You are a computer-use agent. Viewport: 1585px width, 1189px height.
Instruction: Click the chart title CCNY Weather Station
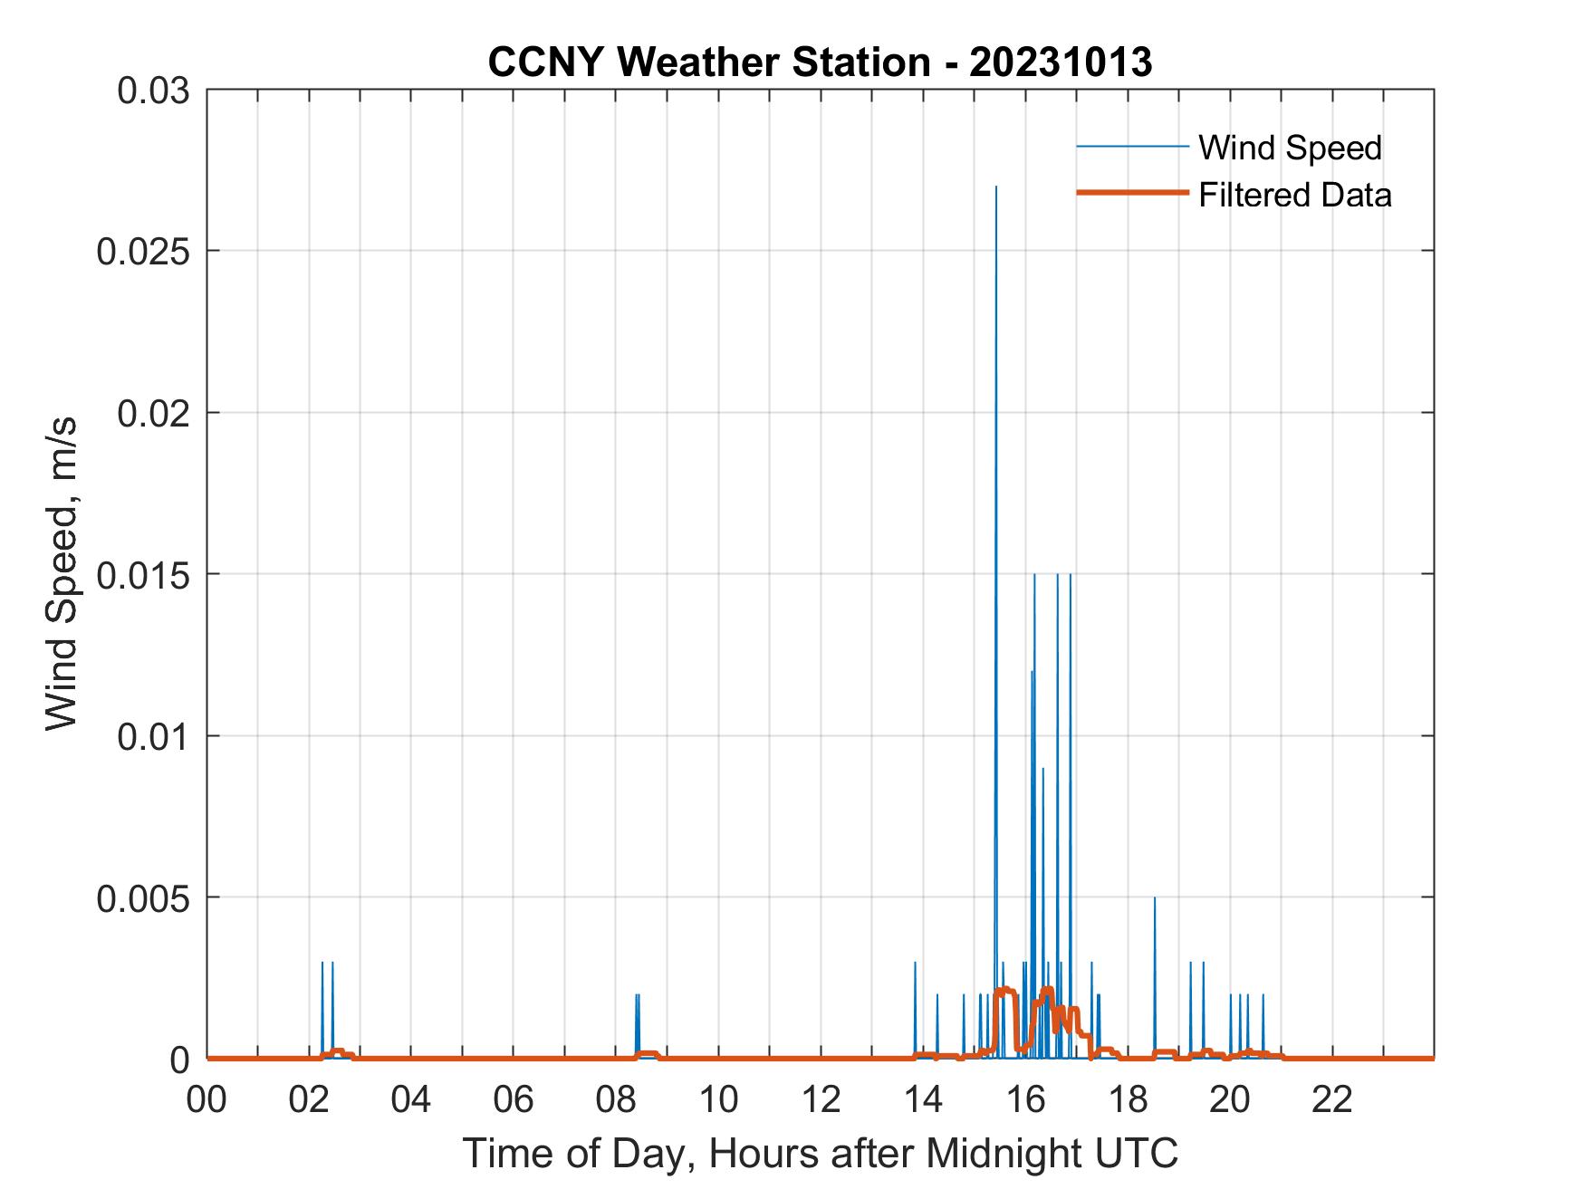pyautogui.click(x=819, y=62)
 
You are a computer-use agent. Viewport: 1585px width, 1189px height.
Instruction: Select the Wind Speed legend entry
pyautogui.click(x=1290, y=148)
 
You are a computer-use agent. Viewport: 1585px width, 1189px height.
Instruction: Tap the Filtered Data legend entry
pyautogui.click(x=1294, y=195)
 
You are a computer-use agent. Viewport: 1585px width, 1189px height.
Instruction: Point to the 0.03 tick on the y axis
pyautogui.click(x=153, y=91)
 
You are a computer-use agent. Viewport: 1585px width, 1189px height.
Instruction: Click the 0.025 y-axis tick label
pyautogui.click(x=142, y=251)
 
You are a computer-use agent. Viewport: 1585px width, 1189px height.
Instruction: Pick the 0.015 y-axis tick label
pyautogui.click(x=142, y=574)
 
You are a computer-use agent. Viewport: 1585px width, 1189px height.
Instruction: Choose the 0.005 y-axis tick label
pyautogui.click(x=142, y=897)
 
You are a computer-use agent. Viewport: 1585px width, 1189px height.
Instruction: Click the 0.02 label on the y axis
pyautogui.click(x=153, y=413)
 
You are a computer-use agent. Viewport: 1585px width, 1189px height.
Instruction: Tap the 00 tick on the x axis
pyautogui.click(x=207, y=1099)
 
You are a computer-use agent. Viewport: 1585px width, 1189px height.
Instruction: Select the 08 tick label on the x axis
pyautogui.click(x=617, y=1099)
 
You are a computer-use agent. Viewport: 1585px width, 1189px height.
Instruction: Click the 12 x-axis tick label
pyautogui.click(x=821, y=1099)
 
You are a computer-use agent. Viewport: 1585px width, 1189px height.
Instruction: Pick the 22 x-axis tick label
pyautogui.click(x=1332, y=1099)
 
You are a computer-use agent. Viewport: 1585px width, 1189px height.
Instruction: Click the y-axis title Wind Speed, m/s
pyautogui.click(x=62, y=574)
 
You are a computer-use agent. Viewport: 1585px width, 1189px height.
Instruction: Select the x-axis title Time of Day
pyautogui.click(x=820, y=1153)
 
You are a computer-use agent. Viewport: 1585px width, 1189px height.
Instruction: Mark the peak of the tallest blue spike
pyautogui.click(x=996, y=187)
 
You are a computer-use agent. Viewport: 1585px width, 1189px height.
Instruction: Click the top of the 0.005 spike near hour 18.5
pyautogui.click(x=1155, y=898)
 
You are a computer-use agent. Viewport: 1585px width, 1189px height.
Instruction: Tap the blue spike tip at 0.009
pyautogui.click(x=1042, y=769)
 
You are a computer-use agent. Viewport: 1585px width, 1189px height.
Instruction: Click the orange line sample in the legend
pyautogui.click(x=1131, y=193)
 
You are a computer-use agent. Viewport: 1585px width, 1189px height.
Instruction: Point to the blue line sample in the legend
pyautogui.click(x=1131, y=147)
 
